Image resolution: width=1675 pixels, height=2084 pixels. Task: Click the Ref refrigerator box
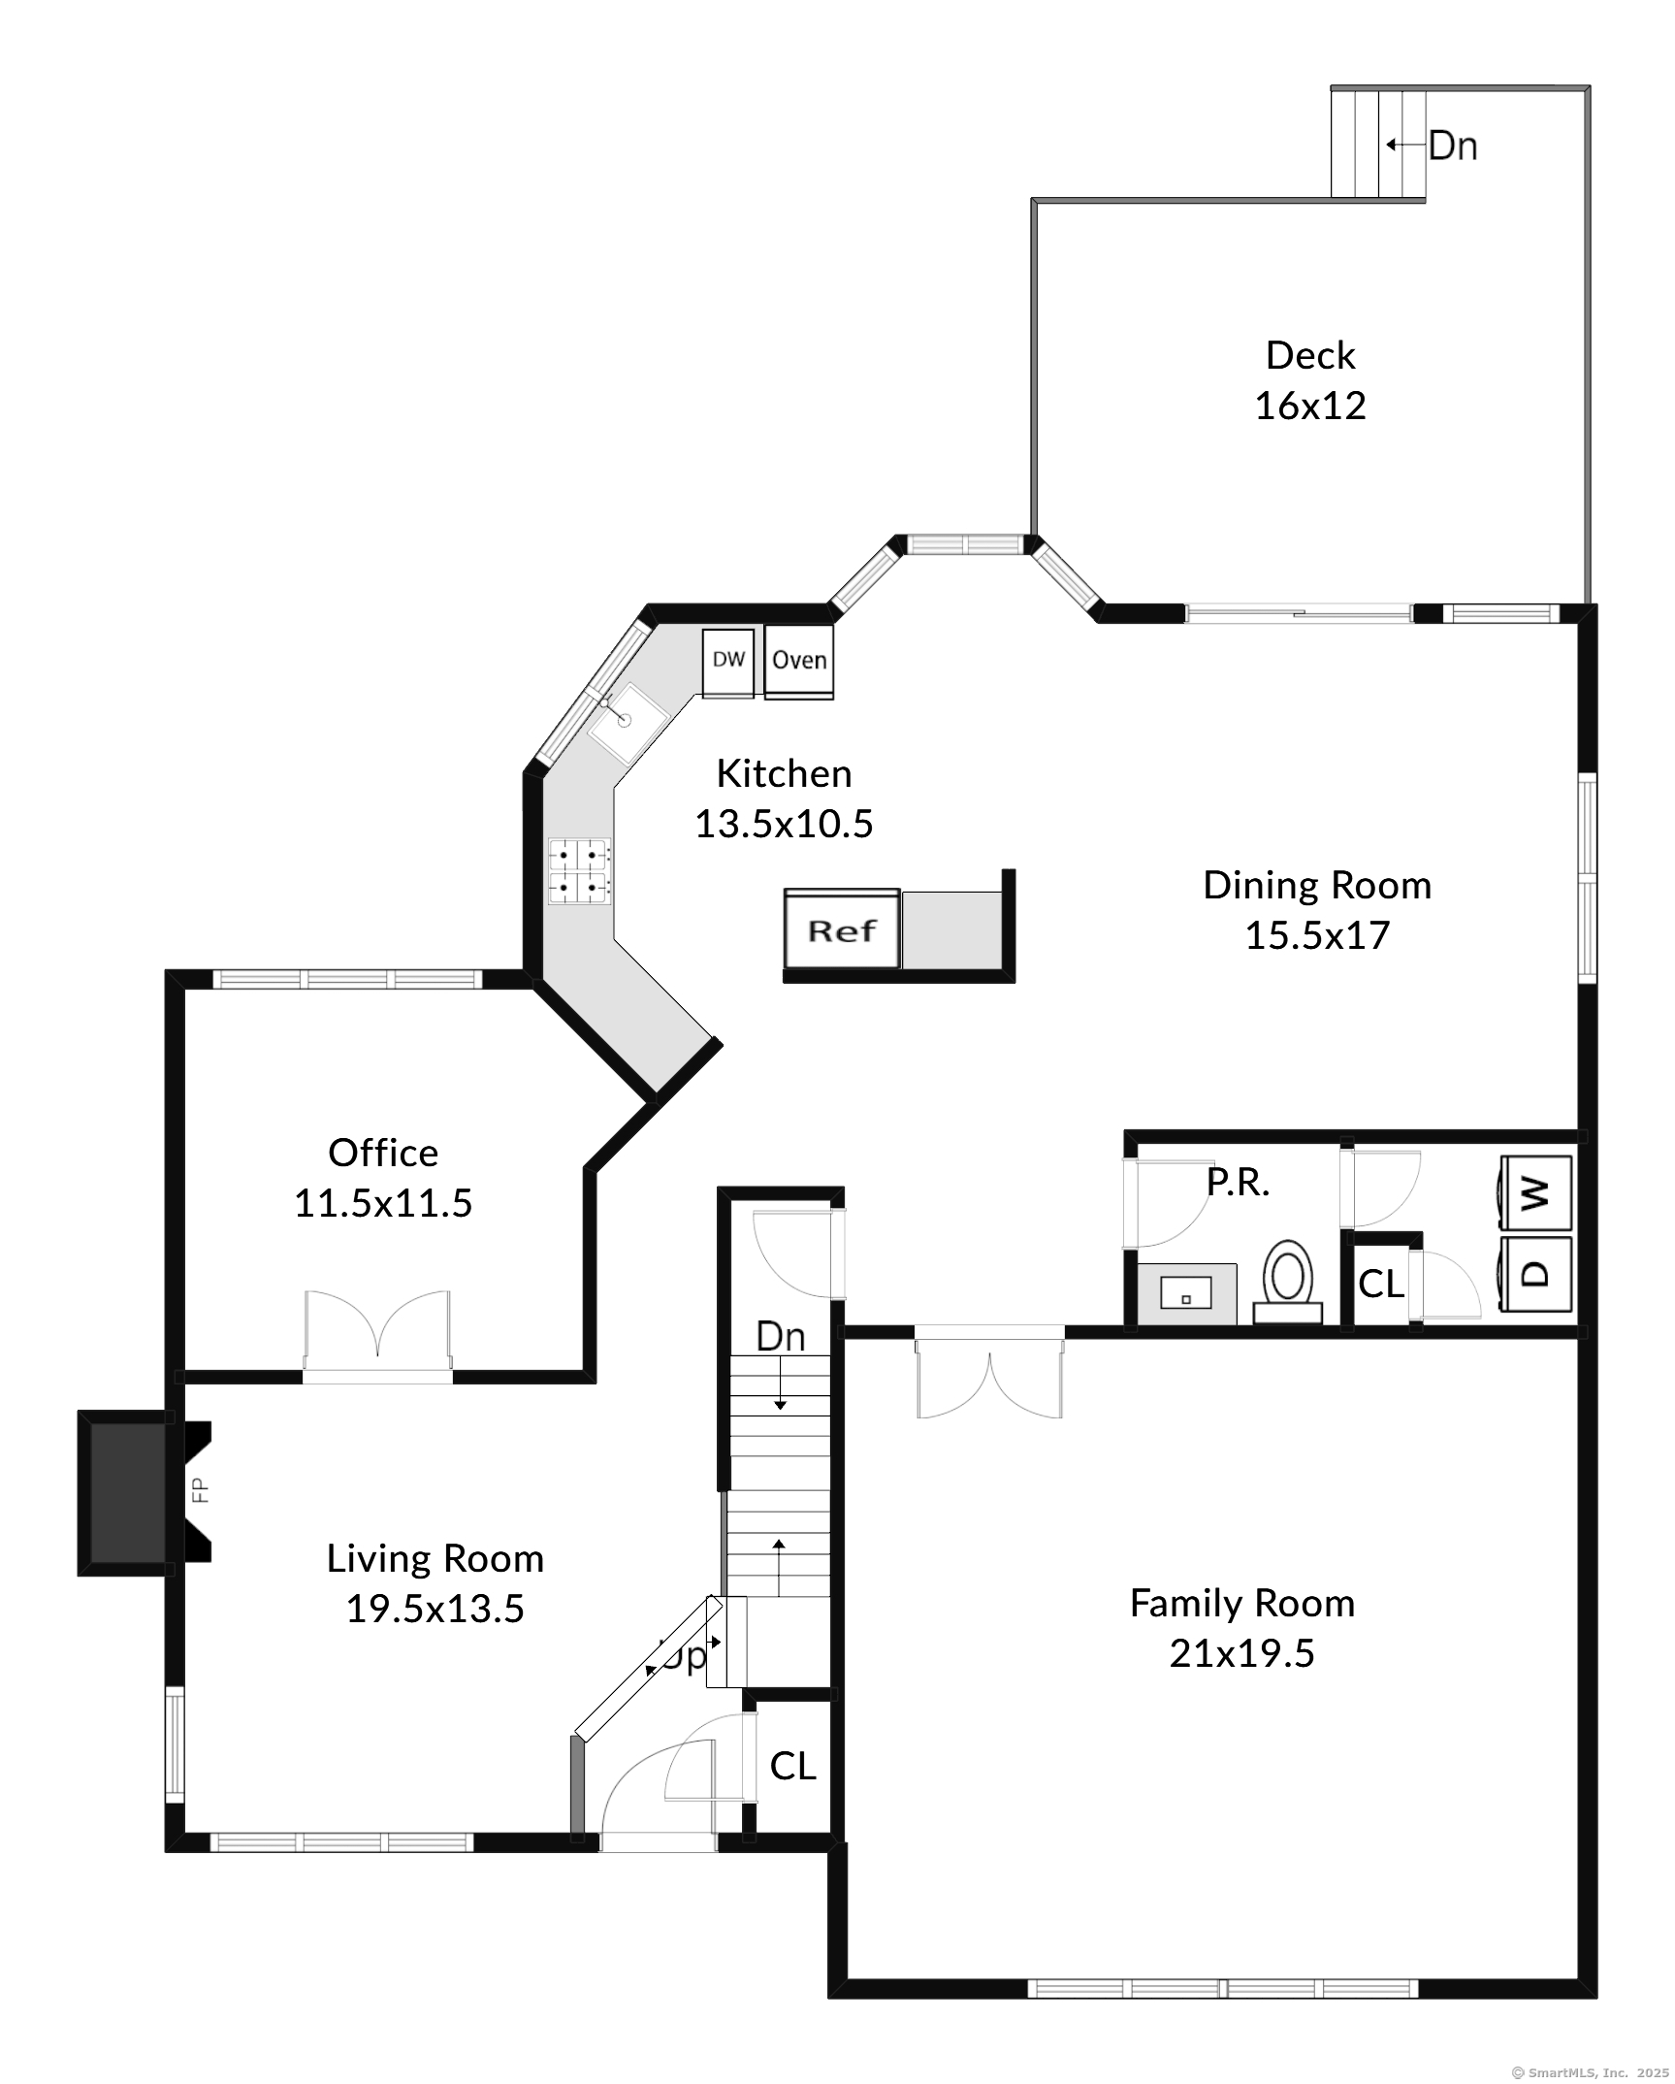click(842, 929)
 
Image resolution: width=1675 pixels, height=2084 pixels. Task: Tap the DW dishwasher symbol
click(728, 663)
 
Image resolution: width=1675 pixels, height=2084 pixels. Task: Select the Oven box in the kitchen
click(799, 662)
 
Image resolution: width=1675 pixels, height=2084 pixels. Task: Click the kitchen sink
click(628, 720)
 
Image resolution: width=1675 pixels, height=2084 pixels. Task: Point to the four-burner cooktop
click(579, 871)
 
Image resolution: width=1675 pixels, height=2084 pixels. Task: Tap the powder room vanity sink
click(1185, 1293)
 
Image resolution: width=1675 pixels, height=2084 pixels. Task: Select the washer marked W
click(1535, 1192)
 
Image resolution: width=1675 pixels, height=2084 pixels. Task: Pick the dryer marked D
click(1535, 1273)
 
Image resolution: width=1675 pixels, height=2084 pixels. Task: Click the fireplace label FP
click(201, 1490)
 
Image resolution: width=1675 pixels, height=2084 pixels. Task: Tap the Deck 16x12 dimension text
click(1310, 406)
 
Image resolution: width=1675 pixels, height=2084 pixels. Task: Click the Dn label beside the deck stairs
click(1453, 146)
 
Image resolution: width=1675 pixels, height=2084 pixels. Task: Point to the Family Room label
click(1242, 1603)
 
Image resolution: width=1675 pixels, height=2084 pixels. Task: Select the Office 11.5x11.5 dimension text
click(383, 1203)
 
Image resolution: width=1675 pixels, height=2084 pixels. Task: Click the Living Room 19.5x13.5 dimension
click(435, 1609)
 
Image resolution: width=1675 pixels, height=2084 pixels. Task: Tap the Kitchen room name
click(784, 773)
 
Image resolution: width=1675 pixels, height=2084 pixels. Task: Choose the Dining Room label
click(1317, 886)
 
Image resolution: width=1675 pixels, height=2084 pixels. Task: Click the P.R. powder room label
click(1238, 1182)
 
